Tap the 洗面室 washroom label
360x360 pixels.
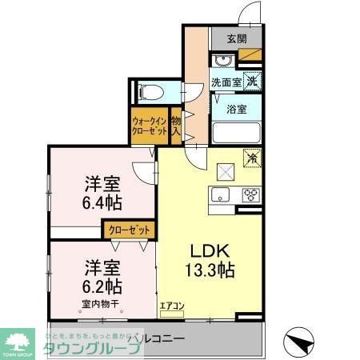pyautogui.click(x=226, y=82)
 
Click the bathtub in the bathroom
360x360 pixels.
pyautogui.click(x=236, y=134)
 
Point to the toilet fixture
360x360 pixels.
pyautogui.click(x=150, y=90)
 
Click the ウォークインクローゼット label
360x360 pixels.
pyautogui.click(x=150, y=126)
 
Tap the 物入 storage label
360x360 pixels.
pyautogui.click(x=176, y=126)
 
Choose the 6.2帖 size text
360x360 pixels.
pyautogui.click(x=101, y=285)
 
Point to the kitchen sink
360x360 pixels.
pyautogui.click(x=219, y=194)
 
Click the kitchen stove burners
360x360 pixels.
pyautogui.click(x=250, y=194)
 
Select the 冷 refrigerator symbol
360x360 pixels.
pyautogui.click(x=251, y=159)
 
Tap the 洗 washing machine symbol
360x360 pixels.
pyautogui.click(x=251, y=81)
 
